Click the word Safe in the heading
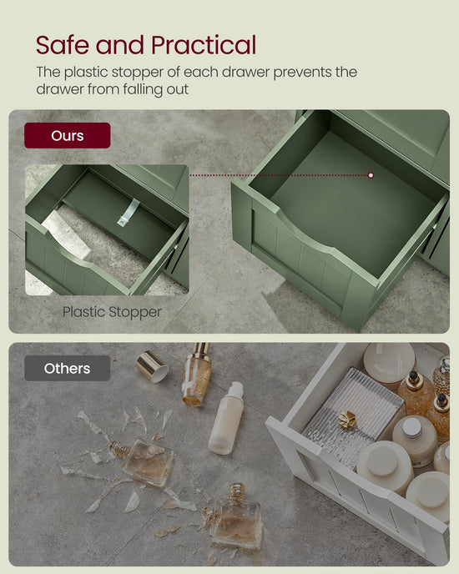(x=63, y=45)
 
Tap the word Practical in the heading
(x=204, y=45)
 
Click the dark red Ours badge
(x=68, y=135)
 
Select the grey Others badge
(x=68, y=368)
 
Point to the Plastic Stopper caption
(x=112, y=312)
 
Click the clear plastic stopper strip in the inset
(x=129, y=212)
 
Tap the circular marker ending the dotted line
(x=371, y=175)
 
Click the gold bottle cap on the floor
(x=152, y=366)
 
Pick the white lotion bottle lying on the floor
(x=226, y=418)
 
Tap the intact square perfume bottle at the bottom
(x=235, y=516)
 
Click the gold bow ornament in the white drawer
(x=347, y=420)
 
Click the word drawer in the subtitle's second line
(x=60, y=89)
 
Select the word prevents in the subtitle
(x=297, y=73)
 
